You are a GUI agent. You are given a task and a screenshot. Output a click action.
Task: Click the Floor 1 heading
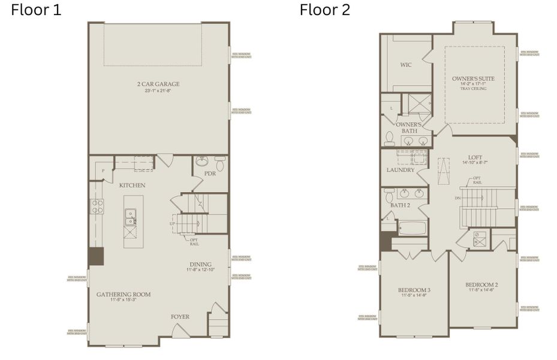(36, 10)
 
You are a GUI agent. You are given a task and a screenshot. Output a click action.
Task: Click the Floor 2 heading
(325, 10)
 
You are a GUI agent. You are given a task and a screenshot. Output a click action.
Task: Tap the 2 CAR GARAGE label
(158, 84)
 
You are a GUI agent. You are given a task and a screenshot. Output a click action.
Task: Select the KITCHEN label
(132, 185)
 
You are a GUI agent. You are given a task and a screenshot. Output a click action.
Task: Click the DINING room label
(200, 264)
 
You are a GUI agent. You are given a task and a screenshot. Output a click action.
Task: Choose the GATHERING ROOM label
(124, 294)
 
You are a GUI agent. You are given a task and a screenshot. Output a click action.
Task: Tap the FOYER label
(180, 316)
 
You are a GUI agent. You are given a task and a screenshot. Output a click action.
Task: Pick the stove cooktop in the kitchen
(97, 206)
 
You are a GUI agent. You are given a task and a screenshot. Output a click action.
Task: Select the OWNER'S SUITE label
(474, 79)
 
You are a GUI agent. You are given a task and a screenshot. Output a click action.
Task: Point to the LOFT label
(475, 157)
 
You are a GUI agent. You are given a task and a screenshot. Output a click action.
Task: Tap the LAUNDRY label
(401, 170)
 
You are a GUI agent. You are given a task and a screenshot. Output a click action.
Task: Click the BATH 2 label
(399, 206)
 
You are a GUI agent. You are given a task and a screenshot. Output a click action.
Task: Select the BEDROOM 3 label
(414, 290)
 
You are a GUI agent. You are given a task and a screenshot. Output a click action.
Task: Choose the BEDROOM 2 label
(482, 284)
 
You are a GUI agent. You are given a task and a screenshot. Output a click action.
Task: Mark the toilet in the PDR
(219, 163)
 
